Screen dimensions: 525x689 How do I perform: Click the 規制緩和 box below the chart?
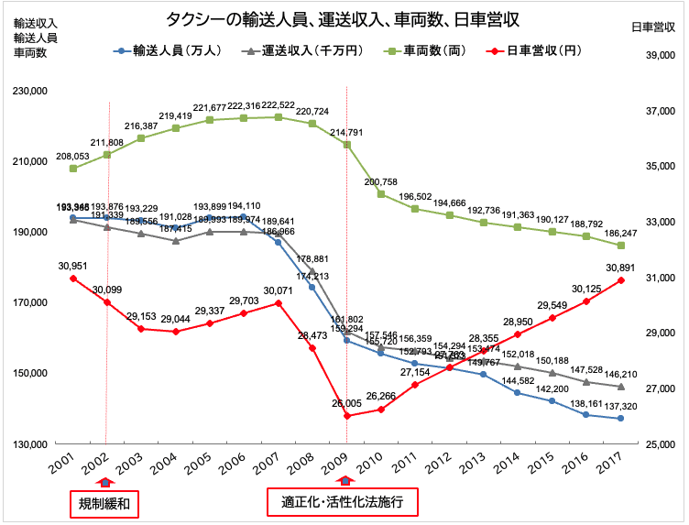(105, 503)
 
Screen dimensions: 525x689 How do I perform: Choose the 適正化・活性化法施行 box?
(343, 503)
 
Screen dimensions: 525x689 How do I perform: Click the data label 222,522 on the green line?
(278, 104)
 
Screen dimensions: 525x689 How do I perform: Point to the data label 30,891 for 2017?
(619, 267)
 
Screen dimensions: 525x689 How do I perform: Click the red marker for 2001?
(73, 279)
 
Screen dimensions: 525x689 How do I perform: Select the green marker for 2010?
(380, 194)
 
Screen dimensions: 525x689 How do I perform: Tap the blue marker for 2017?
(620, 418)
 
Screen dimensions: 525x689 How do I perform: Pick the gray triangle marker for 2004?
(176, 241)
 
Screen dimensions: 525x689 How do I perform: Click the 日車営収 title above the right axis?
(654, 27)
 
